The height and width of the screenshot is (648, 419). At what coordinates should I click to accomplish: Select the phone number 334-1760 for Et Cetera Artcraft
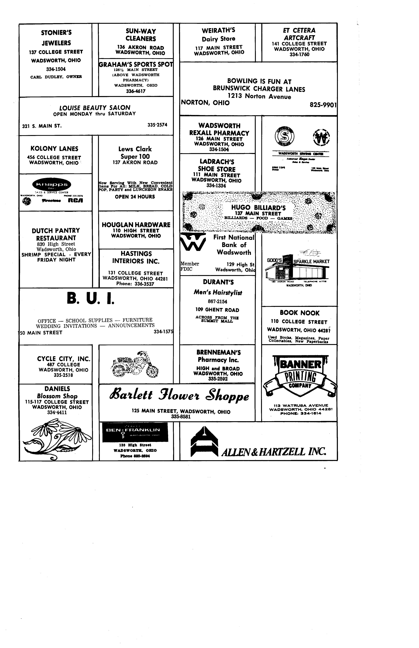pos(299,55)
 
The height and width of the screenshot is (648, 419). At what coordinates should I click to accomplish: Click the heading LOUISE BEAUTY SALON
pos(95,107)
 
